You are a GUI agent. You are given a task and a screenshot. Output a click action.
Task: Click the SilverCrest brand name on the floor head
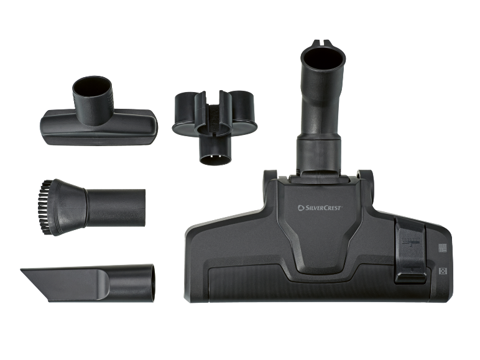coord(320,208)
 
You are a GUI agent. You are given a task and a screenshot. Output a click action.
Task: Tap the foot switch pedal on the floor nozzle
coord(410,250)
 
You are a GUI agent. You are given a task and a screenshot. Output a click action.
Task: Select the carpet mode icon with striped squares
coord(443,248)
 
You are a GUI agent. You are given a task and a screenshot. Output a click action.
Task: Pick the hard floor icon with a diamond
coord(443,271)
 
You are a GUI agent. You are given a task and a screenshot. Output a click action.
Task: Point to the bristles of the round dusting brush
coord(44,208)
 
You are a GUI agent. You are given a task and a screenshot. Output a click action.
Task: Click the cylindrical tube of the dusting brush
coord(116,208)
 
